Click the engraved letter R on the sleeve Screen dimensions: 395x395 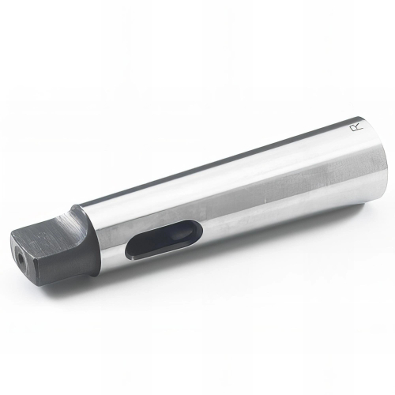click(x=356, y=127)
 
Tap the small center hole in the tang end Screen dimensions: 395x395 click(x=20, y=256)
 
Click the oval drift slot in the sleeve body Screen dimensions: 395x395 click(x=164, y=239)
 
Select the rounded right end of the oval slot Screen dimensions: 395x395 click(x=200, y=228)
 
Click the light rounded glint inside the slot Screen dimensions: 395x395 click(x=182, y=235)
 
